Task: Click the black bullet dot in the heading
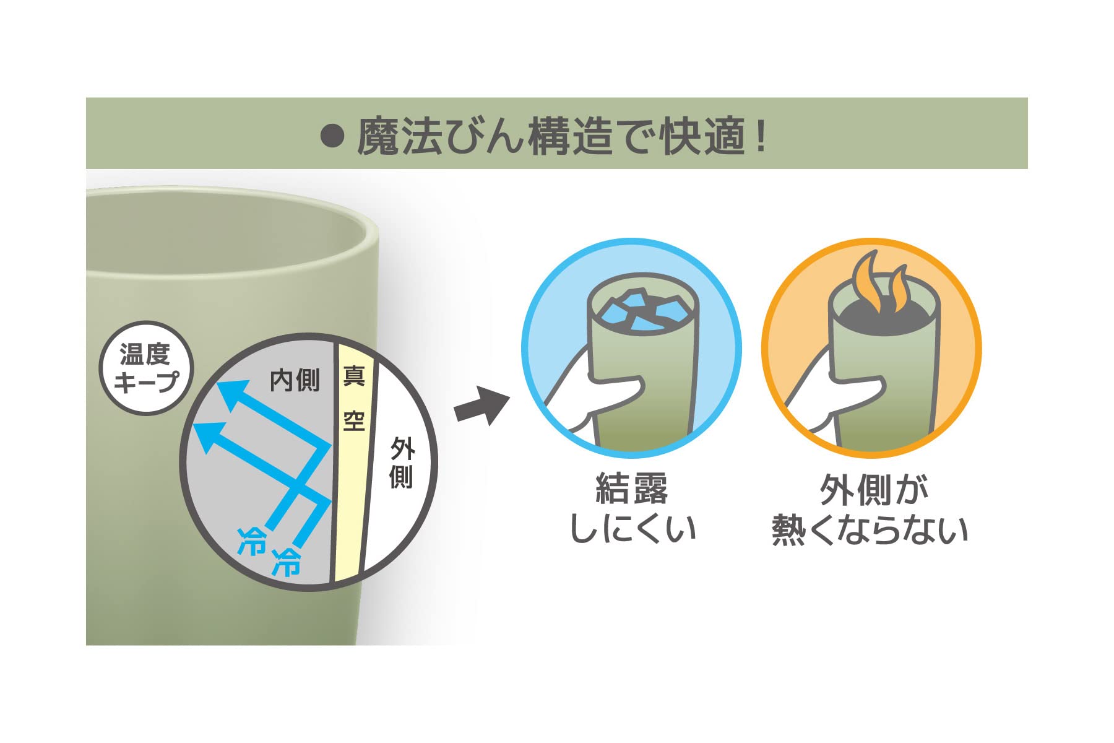coord(332,137)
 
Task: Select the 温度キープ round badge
coord(147,368)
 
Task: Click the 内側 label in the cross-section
coord(295,380)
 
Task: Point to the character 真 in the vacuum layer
coord(354,376)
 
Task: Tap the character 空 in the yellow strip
coord(354,421)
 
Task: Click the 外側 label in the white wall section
coord(402,463)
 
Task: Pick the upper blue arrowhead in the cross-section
coord(233,396)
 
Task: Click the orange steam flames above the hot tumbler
coord(879,282)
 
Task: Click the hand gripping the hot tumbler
coord(836,390)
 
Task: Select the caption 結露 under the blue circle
coord(632,489)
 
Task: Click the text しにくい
coord(633,529)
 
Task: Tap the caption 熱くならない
coord(870,529)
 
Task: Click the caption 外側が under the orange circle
coord(874,490)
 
